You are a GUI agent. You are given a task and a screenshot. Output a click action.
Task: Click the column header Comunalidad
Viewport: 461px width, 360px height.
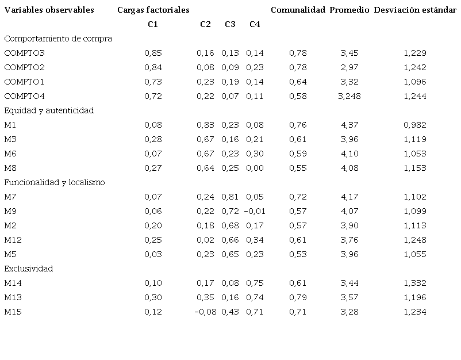(298, 10)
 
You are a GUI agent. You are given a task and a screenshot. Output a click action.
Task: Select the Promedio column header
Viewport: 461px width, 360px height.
(349, 10)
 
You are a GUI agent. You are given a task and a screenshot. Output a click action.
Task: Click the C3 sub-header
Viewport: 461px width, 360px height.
(230, 24)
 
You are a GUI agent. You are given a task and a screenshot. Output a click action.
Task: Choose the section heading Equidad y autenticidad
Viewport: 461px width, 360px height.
(49, 110)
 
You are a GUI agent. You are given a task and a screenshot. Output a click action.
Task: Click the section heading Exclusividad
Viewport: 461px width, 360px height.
(29, 269)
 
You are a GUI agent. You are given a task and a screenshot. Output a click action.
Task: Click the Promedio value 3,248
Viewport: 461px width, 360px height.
(349, 96)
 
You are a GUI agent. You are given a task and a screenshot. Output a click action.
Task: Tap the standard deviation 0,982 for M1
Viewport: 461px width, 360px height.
(414, 125)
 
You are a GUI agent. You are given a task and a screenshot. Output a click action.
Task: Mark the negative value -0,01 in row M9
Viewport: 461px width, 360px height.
(255, 211)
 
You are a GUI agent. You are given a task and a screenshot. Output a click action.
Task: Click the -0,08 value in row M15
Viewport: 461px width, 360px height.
(204, 312)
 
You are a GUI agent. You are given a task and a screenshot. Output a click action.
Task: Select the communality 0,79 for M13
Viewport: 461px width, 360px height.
(298, 297)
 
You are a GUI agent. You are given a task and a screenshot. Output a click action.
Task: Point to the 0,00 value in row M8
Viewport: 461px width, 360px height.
(255, 168)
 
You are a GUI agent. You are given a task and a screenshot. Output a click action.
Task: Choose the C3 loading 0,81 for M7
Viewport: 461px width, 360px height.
(230, 197)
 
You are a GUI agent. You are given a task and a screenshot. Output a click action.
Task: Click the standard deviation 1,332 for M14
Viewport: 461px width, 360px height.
(414, 283)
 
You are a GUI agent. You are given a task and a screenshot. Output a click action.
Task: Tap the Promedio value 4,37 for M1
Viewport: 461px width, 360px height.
(349, 125)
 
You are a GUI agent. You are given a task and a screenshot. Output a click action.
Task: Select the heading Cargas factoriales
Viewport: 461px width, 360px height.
(153, 10)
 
